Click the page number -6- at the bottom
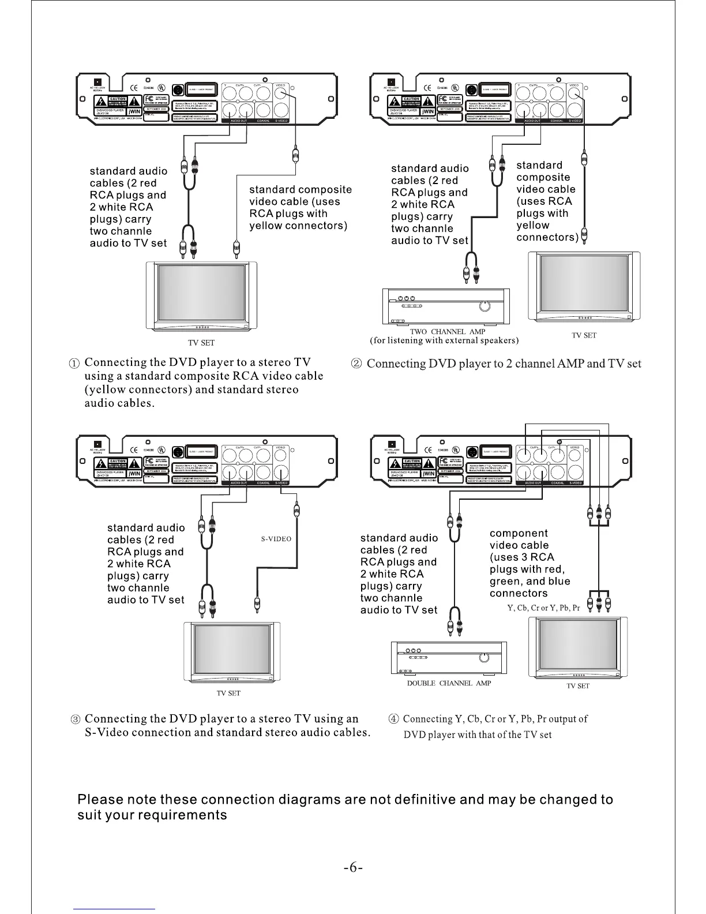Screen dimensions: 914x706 (x=352, y=868)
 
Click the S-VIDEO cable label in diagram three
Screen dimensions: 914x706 (x=276, y=539)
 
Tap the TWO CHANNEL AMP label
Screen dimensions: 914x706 (x=447, y=332)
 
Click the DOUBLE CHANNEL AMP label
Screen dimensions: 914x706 (x=449, y=683)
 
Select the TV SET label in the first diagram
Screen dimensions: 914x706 (x=201, y=343)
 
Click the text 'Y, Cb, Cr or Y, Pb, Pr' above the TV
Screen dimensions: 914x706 (x=543, y=608)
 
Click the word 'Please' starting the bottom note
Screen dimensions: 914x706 (x=100, y=800)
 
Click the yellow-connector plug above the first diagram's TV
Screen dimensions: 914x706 (x=236, y=249)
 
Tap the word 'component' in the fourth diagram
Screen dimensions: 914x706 (x=519, y=533)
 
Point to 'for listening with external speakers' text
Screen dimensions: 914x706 (x=444, y=340)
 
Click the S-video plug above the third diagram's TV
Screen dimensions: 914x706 (x=257, y=606)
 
